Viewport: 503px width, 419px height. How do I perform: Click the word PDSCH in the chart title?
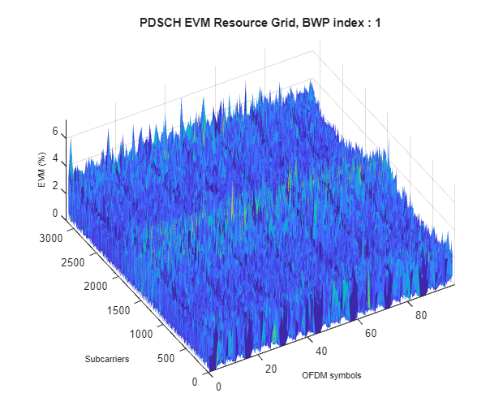(x=160, y=24)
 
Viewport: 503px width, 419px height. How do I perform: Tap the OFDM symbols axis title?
(x=331, y=376)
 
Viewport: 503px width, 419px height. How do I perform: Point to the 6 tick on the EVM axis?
(x=55, y=131)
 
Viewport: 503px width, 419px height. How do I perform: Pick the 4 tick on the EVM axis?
(x=55, y=158)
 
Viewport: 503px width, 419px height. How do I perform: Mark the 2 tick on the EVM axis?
(x=55, y=186)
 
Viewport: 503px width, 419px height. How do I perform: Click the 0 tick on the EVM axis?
(x=55, y=214)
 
